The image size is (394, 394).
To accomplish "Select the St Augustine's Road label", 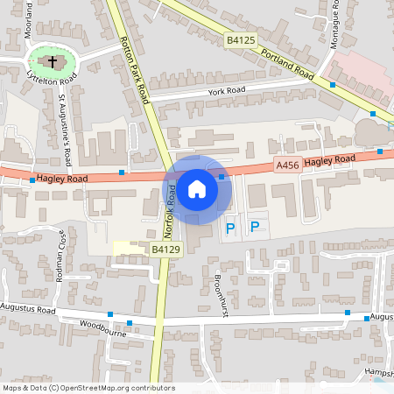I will pyautogui.click(x=64, y=132).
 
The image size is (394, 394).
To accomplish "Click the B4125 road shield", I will pyautogui.click(x=240, y=40).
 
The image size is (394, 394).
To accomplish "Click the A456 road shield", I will pyautogui.click(x=287, y=165).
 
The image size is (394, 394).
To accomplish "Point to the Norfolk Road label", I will pyautogui.click(x=172, y=211).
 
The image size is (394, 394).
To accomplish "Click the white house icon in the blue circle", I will pyautogui.click(x=197, y=188).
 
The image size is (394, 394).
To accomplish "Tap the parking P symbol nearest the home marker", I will pyautogui.click(x=230, y=229).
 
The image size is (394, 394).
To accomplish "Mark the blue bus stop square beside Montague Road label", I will pyautogui.click(x=333, y=85).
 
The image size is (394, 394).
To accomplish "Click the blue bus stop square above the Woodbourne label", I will pyautogui.click(x=110, y=313).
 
